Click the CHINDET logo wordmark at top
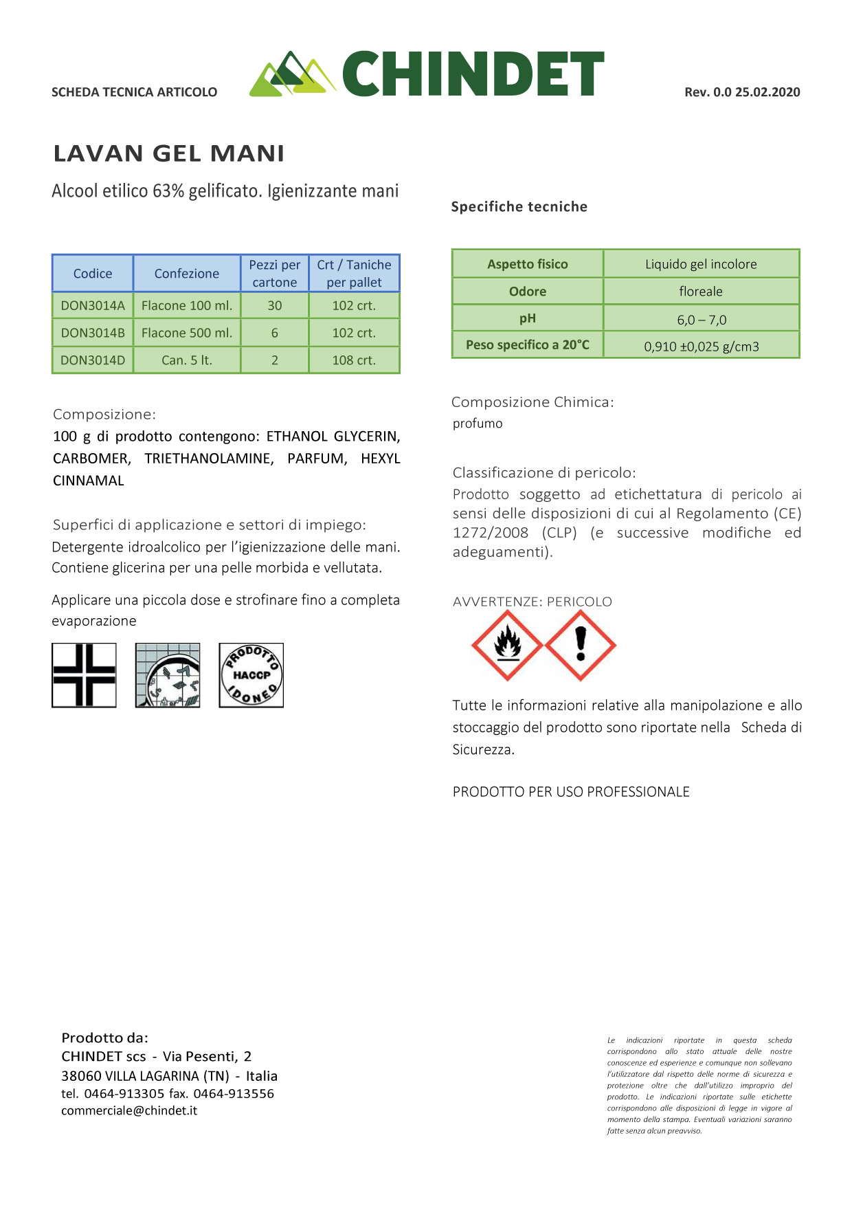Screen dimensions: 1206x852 [x=473, y=74]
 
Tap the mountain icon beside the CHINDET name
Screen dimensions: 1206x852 [x=291, y=74]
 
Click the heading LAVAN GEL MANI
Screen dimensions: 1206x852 [x=169, y=153]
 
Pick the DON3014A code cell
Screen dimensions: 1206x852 [x=93, y=305]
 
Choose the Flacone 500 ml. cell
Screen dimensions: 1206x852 [x=187, y=333]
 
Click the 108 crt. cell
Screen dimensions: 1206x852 [x=354, y=360]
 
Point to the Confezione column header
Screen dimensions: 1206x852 [x=187, y=274]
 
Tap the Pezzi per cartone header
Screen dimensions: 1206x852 [x=274, y=274]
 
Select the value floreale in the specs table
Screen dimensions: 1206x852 [x=701, y=292]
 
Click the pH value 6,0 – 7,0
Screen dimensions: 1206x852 [x=701, y=320]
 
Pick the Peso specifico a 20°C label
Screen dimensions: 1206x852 [x=528, y=345]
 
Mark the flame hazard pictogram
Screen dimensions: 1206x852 [x=507, y=646]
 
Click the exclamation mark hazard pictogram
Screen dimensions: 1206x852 [x=581, y=646]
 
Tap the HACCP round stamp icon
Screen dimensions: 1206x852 [x=251, y=675]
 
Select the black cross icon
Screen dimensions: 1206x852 [x=84, y=675]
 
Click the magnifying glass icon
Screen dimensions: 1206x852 [x=168, y=675]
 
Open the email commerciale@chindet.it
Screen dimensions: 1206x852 [x=129, y=1110]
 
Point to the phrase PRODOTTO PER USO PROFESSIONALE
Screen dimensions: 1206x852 [x=571, y=792]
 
